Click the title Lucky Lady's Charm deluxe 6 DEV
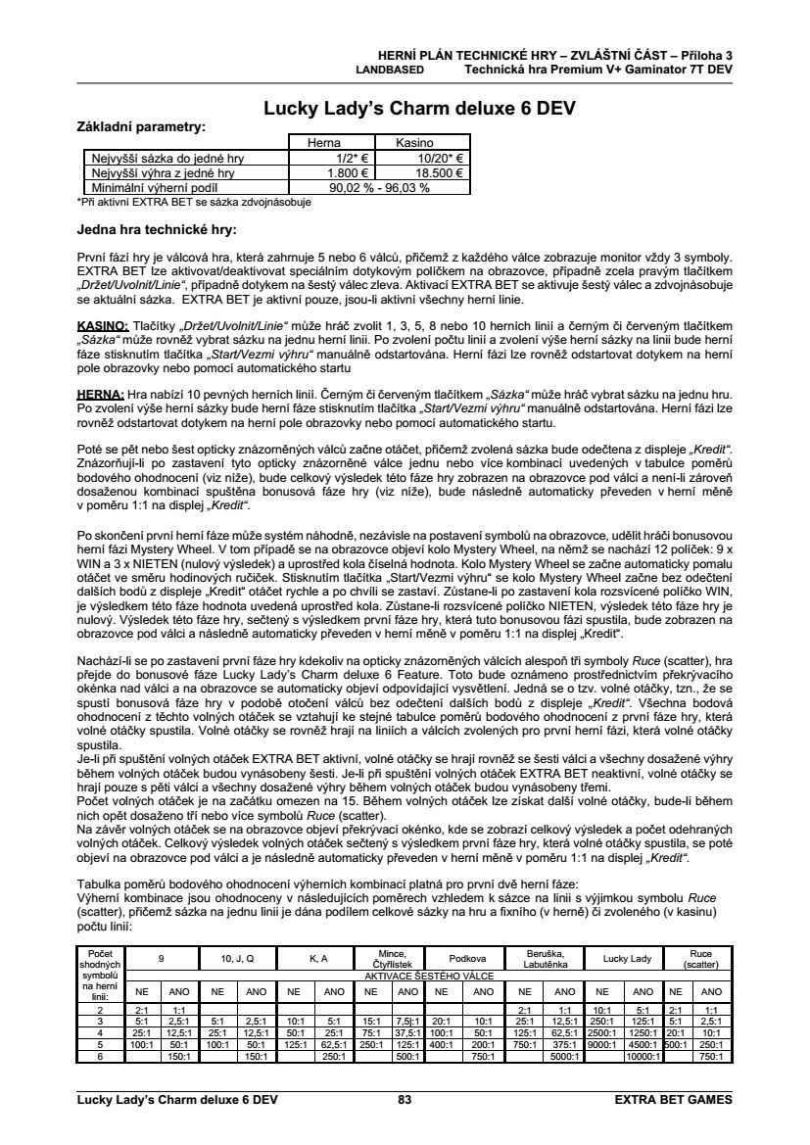click(419, 108)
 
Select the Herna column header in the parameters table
click(324, 143)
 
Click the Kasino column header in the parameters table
click(414, 143)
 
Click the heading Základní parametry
click(142, 126)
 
